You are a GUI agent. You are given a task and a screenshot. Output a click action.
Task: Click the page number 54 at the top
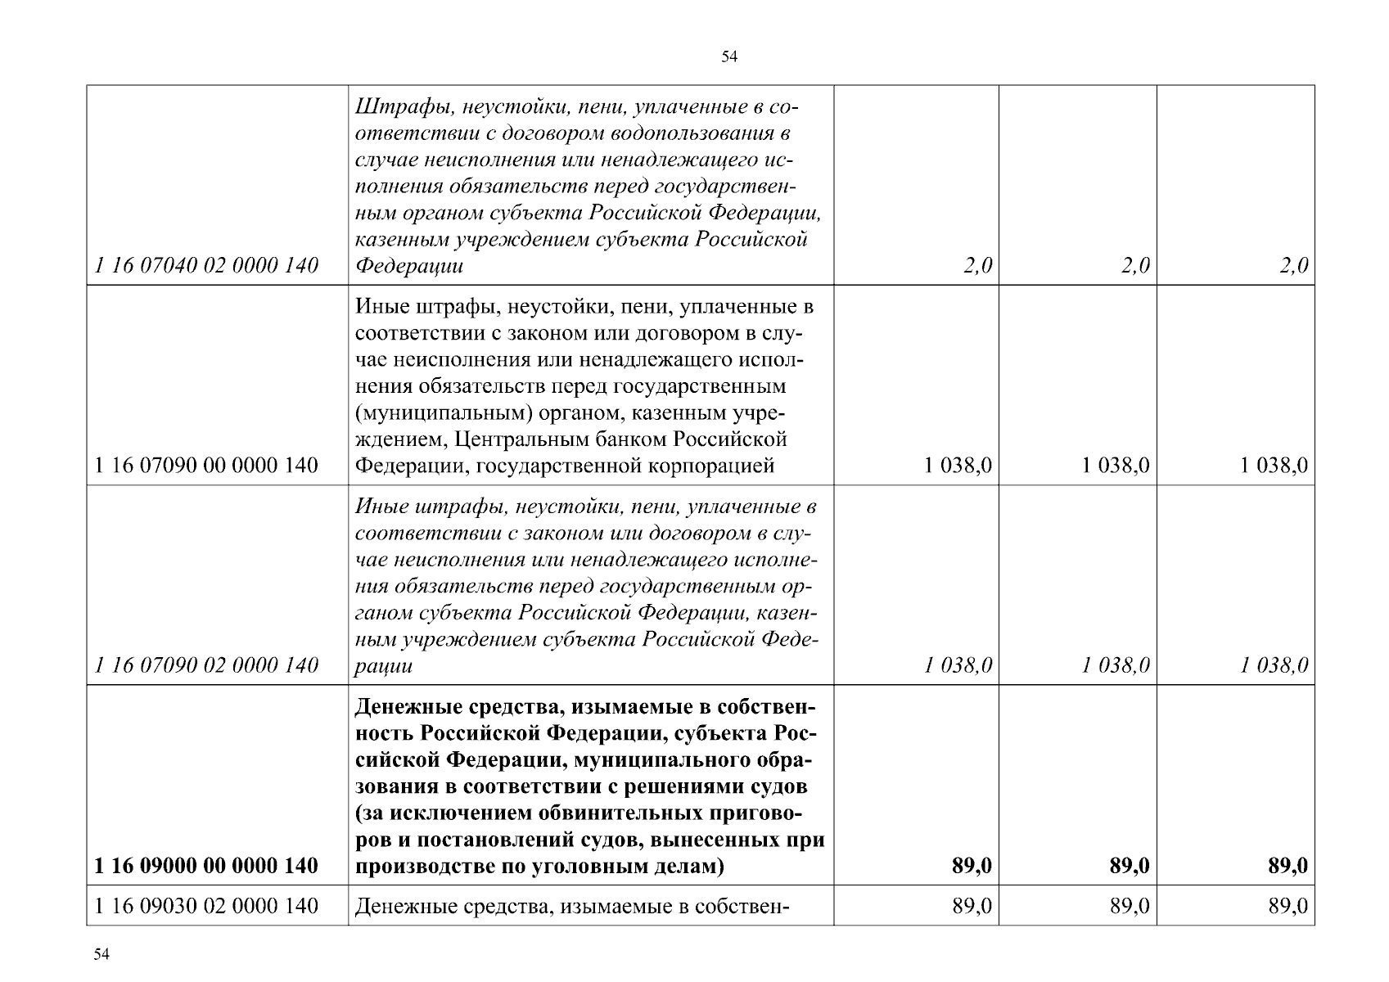(730, 56)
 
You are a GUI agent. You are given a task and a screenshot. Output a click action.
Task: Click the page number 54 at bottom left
(101, 955)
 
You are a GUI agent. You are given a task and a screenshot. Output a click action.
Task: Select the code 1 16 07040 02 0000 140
(206, 265)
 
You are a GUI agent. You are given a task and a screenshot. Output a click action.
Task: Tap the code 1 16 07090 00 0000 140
(206, 466)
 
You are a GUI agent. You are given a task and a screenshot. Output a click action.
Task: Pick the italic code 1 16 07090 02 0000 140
(206, 665)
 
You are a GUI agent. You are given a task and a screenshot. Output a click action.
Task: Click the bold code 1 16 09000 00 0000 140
(206, 866)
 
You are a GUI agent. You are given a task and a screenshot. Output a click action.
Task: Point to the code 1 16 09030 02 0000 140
(206, 906)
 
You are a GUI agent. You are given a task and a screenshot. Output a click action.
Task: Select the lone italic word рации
(383, 665)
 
